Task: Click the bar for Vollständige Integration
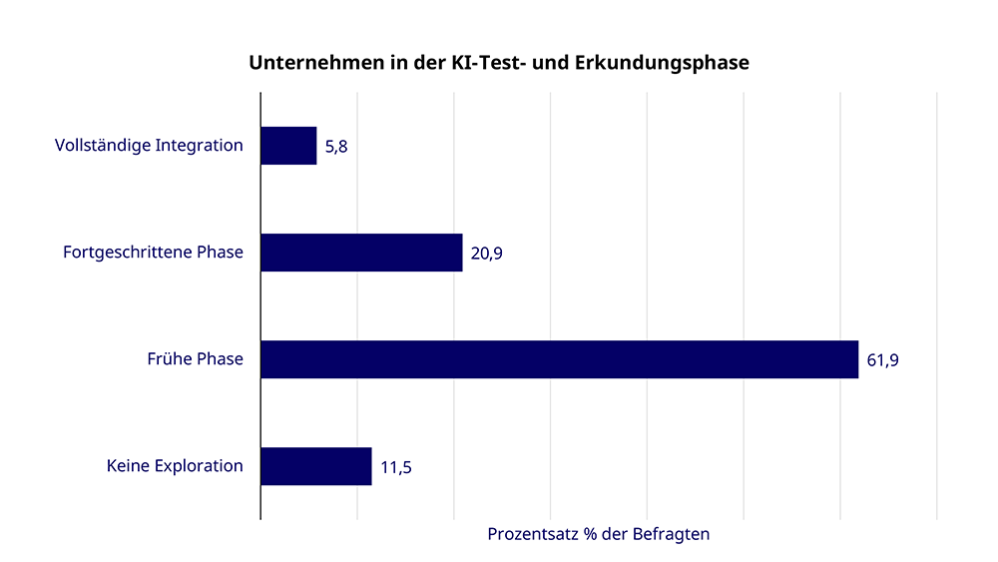pos(288,146)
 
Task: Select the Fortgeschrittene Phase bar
pos(361,253)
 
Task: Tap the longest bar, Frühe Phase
pos(559,359)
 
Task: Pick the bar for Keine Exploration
pos(315,466)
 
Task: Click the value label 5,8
pos(336,147)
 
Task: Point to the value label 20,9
pos(486,254)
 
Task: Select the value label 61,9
pos(882,360)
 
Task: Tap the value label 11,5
pos(396,467)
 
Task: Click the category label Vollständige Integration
pos(149,146)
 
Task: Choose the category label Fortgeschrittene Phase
pos(153,253)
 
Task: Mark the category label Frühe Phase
pos(195,359)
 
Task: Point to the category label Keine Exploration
pos(175,466)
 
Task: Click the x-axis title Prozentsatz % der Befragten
pos(598,534)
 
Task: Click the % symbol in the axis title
pos(591,534)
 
